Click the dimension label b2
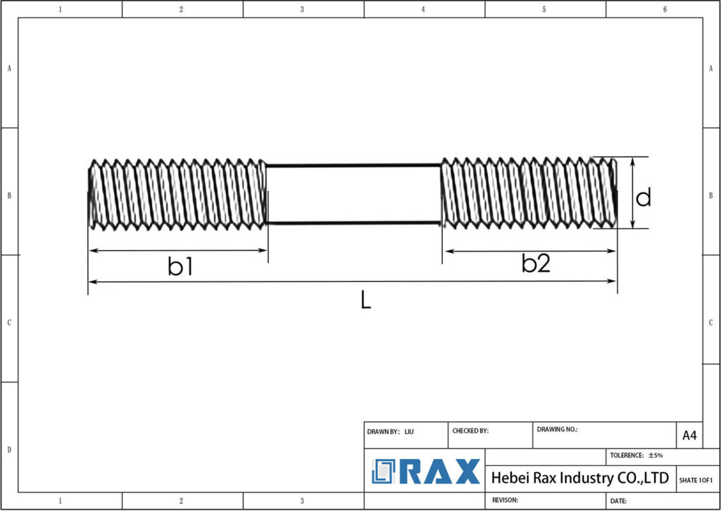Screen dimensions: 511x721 [x=535, y=264]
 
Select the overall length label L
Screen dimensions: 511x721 [x=365, y=301]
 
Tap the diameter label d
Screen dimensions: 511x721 [x=643, y=197]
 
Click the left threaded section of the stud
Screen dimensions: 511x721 [x=177, y=194]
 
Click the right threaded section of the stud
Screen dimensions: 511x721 [x=528, y=192]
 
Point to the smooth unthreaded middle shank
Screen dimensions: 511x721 [x=353, y=194]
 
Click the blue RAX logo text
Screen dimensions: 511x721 [x=440, y=472]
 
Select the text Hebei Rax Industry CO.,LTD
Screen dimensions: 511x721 [x=579, y=478]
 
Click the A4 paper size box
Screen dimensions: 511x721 [x=689, y=436]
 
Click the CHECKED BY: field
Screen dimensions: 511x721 [x=470, y=430]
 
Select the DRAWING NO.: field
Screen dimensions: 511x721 [x=557, y=429]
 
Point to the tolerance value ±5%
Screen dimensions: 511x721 [x=655, y=455]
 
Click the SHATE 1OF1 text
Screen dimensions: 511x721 [x=696, y=480]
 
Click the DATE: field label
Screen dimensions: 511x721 [x=619, y=500]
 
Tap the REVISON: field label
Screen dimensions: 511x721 [x=505, y=500]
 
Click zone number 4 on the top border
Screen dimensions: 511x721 [x=423, y=9]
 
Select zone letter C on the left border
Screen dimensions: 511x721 [x=8, y=322]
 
